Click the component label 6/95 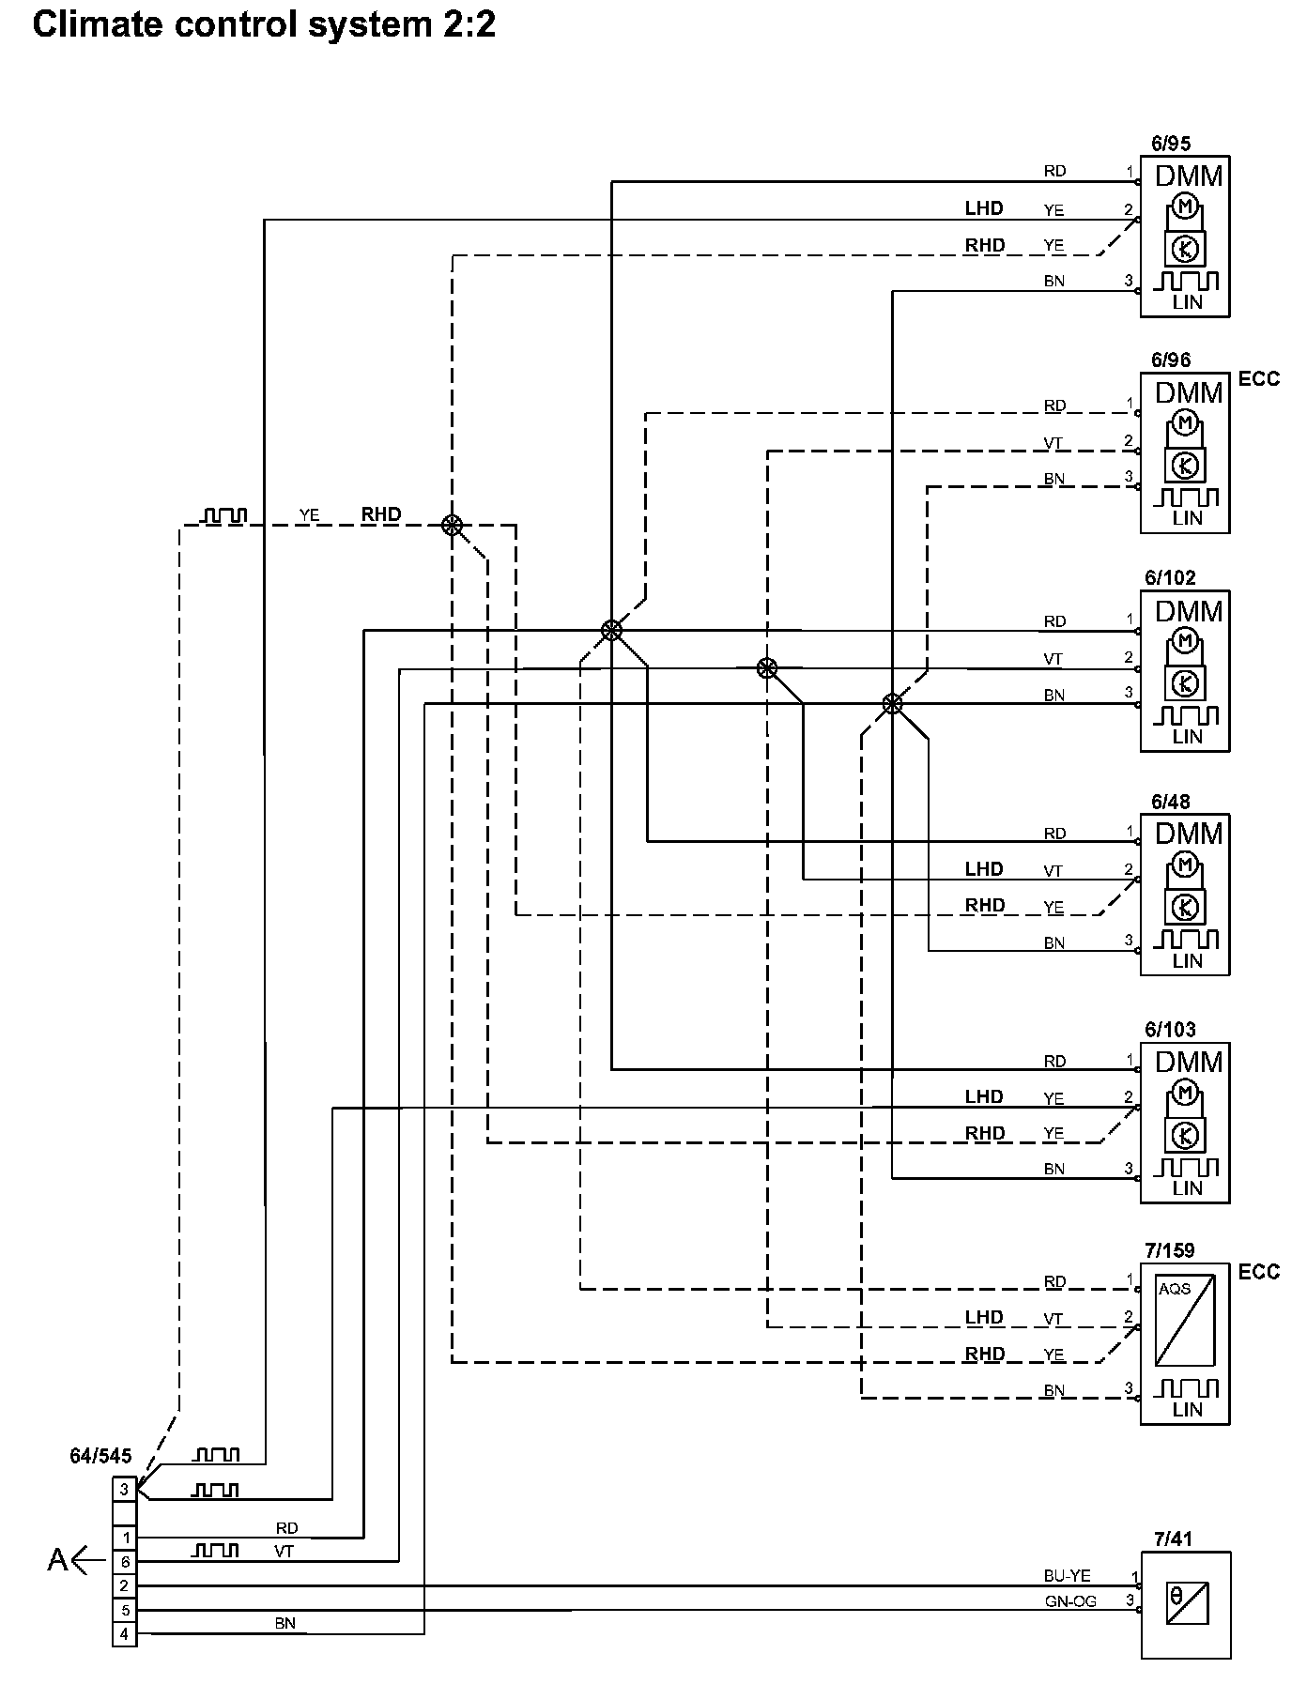point(1170,144)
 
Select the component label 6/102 point(1170,578)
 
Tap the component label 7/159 point(1170,1251)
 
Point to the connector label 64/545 point(100,1457)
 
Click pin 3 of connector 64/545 point(124,1489)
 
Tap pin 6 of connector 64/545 point(124,1562)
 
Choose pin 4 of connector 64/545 point(124,1634)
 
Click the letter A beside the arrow point(57,1560)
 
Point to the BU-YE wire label point(1068,1576)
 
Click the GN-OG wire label point(1070,1601)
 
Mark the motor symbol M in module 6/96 point(1185,424)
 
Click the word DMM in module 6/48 point(1189,834)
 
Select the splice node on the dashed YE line point(453,525)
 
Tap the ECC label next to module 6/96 point(1259,379)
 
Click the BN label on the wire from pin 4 point(285,1623)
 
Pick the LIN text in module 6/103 point(1187,1188)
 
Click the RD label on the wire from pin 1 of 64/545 point(286,1528)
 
